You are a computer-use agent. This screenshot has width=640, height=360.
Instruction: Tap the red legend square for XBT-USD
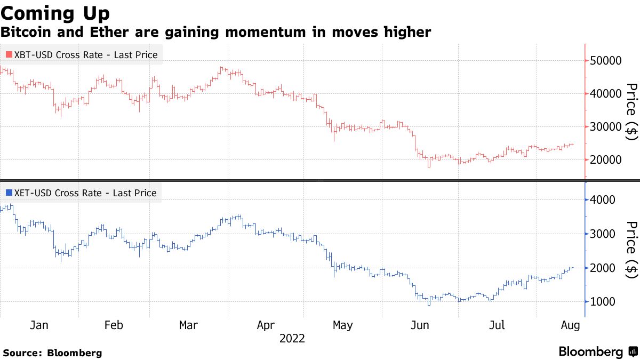[9, 54]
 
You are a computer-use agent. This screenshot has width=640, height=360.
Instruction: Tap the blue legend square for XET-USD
[9, 193]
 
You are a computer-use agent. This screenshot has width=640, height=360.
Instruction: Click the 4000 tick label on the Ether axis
[603, 200]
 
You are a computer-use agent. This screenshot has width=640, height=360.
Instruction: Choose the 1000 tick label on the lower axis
[603, 302]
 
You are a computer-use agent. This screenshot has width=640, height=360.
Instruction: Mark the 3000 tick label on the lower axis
[603, 234]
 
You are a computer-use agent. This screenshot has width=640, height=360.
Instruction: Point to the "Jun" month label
[419, 325]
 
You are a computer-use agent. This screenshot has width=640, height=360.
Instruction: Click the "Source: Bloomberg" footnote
[52, 353]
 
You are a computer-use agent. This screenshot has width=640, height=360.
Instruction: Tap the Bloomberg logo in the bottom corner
[597, 351]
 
